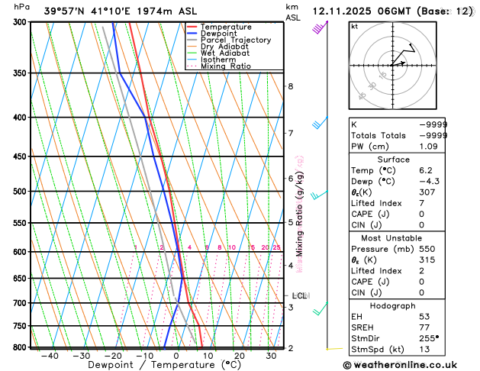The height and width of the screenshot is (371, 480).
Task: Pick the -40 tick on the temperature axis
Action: click(x=50, y=356)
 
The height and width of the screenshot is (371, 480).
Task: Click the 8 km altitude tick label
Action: click(x=290, y=86)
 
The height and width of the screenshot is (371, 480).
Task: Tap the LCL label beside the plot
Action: click(x=299, y=295)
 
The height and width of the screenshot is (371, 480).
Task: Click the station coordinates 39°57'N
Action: click(x=47, y=11)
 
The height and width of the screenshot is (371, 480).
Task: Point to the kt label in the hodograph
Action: click(x=354, y=26)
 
